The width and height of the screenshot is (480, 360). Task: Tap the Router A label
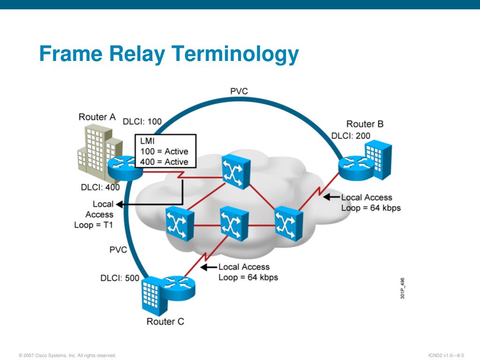(97, 117)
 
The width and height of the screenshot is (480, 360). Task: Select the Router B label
(365, 124)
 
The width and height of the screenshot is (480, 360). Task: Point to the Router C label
(165, 322)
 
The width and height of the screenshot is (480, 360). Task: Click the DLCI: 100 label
(142, 121)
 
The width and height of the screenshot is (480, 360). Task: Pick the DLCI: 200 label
(351, 136)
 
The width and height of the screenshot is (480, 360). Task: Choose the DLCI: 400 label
(100, 187)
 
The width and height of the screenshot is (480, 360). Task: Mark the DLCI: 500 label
(120, 278)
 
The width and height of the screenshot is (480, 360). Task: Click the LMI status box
(165, 151)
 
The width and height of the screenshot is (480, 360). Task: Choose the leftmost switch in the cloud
(179, 225)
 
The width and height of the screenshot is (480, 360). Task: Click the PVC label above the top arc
(239, 91)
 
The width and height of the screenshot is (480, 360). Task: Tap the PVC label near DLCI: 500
(118, 250)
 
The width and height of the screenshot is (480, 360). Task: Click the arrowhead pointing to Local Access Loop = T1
(119, 204)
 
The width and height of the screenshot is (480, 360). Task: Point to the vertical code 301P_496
(403, 288)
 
